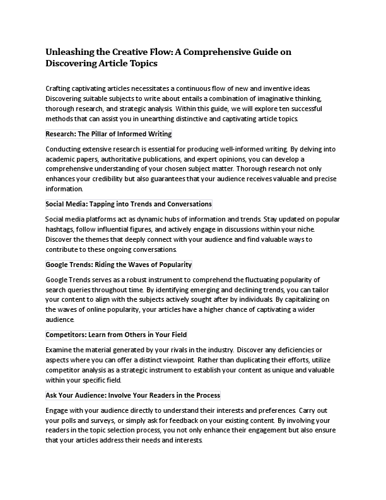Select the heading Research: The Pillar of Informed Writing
point(108,134)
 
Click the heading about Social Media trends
point(129,204)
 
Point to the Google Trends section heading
point(119,265)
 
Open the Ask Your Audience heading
point(132,395)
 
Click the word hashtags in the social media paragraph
point(61,229)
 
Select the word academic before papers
point(61,159)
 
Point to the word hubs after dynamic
point(161,219)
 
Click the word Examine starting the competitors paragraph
point(60,350)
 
